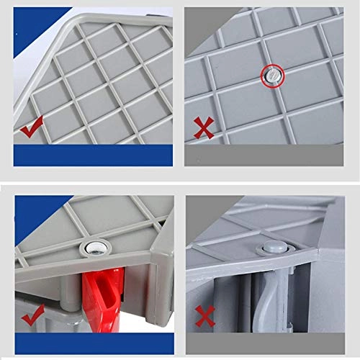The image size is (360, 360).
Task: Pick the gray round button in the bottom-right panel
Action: click(271, 248)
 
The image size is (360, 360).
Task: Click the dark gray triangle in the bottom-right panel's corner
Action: click(202, 212)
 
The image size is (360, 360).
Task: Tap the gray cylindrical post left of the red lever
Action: click(70, 295)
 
